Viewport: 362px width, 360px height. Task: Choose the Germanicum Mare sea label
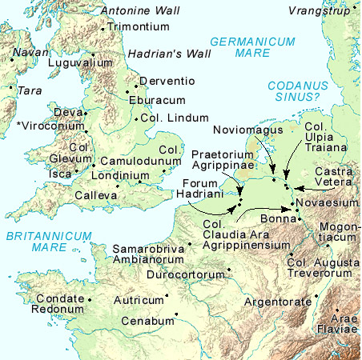242,47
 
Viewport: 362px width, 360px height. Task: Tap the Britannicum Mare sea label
34,242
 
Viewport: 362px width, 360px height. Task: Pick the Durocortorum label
186,274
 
